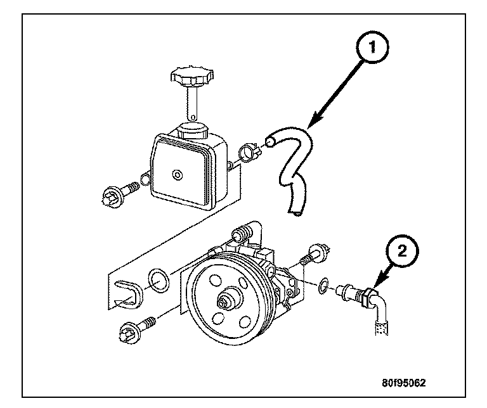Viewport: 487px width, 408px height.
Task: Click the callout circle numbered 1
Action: (372, 46)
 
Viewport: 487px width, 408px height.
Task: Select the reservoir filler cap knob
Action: (188, 79)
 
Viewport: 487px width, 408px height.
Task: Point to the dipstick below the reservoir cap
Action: (190, 105)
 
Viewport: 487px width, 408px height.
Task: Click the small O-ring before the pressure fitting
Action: (324, 286)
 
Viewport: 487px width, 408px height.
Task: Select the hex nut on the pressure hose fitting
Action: (366, 295)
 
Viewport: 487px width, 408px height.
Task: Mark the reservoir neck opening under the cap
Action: (193, 129)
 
